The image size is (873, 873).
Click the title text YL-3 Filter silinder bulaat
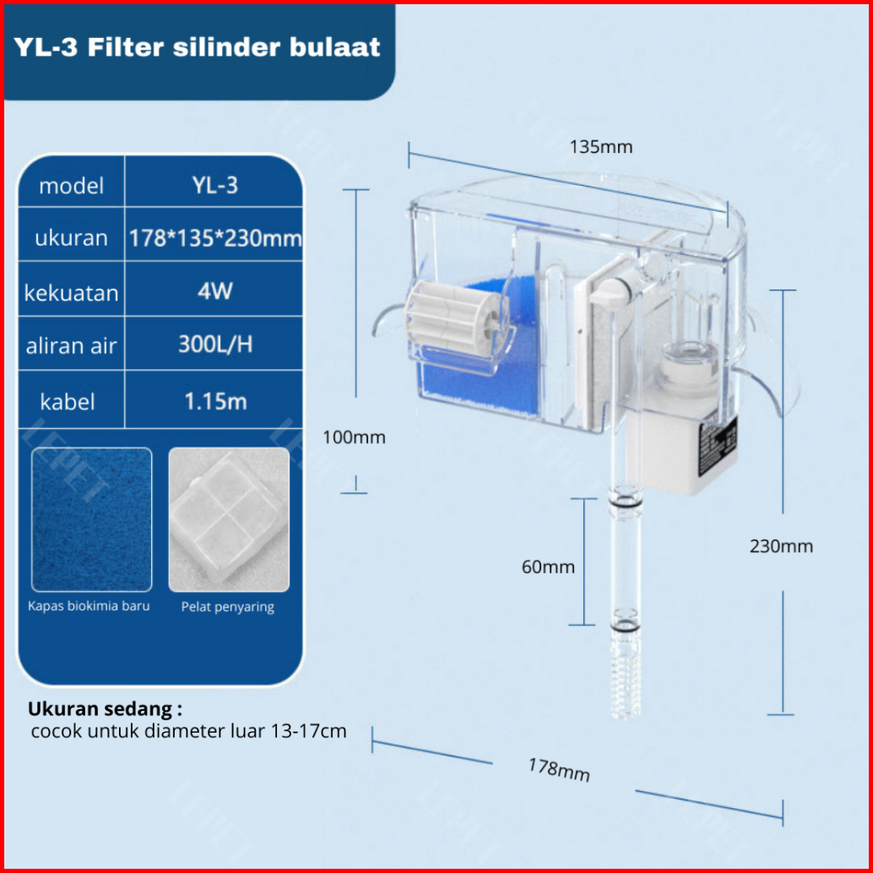point(197,47)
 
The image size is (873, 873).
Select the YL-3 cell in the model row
point(214,186)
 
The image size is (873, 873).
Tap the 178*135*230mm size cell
point(214,238)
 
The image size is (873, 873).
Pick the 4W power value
point(214,292)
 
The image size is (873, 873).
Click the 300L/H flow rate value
point(214,344)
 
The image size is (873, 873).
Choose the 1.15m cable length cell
point(214,401)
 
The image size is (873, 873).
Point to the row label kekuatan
point(71,294)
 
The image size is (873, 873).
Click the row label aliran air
point(71,346)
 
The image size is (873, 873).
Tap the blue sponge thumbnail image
point(91,519)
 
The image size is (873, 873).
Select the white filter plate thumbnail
point(228,519)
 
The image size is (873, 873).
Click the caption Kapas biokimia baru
point(89,606)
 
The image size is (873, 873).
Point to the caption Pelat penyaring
point(227,607)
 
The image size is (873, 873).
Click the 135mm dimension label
point(601,147)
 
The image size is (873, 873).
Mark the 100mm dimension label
point(354,437)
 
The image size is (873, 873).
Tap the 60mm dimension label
point(548,567)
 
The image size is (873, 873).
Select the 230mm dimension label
point(781,546)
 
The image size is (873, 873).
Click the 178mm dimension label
point(559,769)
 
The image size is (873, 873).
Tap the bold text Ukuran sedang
point(105,708)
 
